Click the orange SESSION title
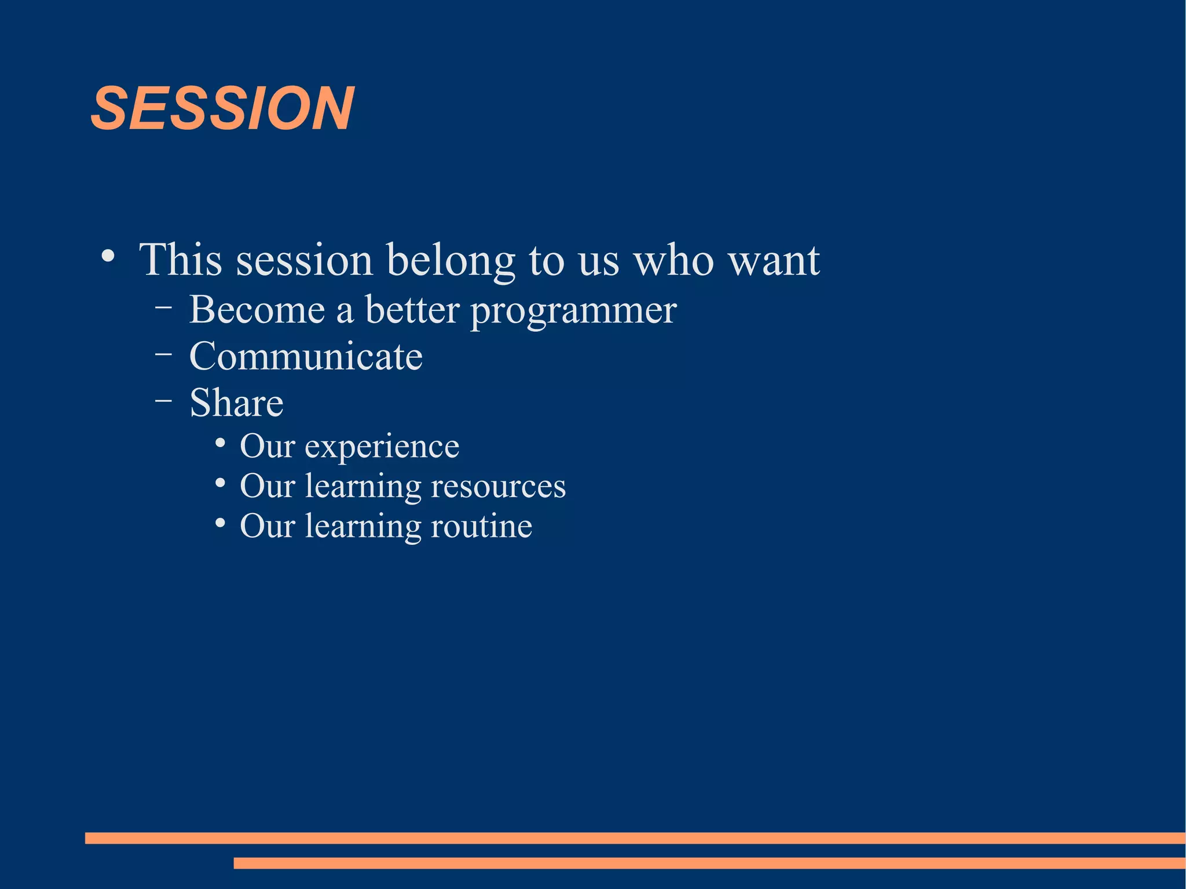tap(222, 108)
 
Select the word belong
tap(451, 262)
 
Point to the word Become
tap(257, 309)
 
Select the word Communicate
tap(306, 356)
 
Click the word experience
tap(382, 448)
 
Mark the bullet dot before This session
tap(108, 256)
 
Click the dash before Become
tap(163, 308)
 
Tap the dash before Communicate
tap(163, 354)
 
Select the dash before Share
tap(163, 400)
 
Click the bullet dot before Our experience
tap(219, 443)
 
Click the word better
tap(412, 309)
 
